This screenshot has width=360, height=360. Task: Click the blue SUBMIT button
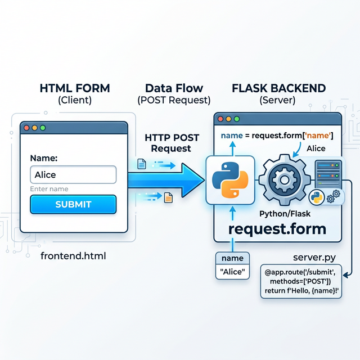(x=73, y=204)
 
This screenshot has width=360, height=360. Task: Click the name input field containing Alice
(x=73, y=174)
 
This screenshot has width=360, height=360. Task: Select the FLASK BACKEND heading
(x=278, y=88)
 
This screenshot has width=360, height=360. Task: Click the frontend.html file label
(x=73, y=256)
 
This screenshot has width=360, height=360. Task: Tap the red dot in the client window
(x=26, y=128)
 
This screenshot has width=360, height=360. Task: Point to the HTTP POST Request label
(x=169, y=143)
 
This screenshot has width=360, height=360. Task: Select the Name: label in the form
(x=43, y=158)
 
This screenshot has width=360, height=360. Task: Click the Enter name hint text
(x=49, y=189)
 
